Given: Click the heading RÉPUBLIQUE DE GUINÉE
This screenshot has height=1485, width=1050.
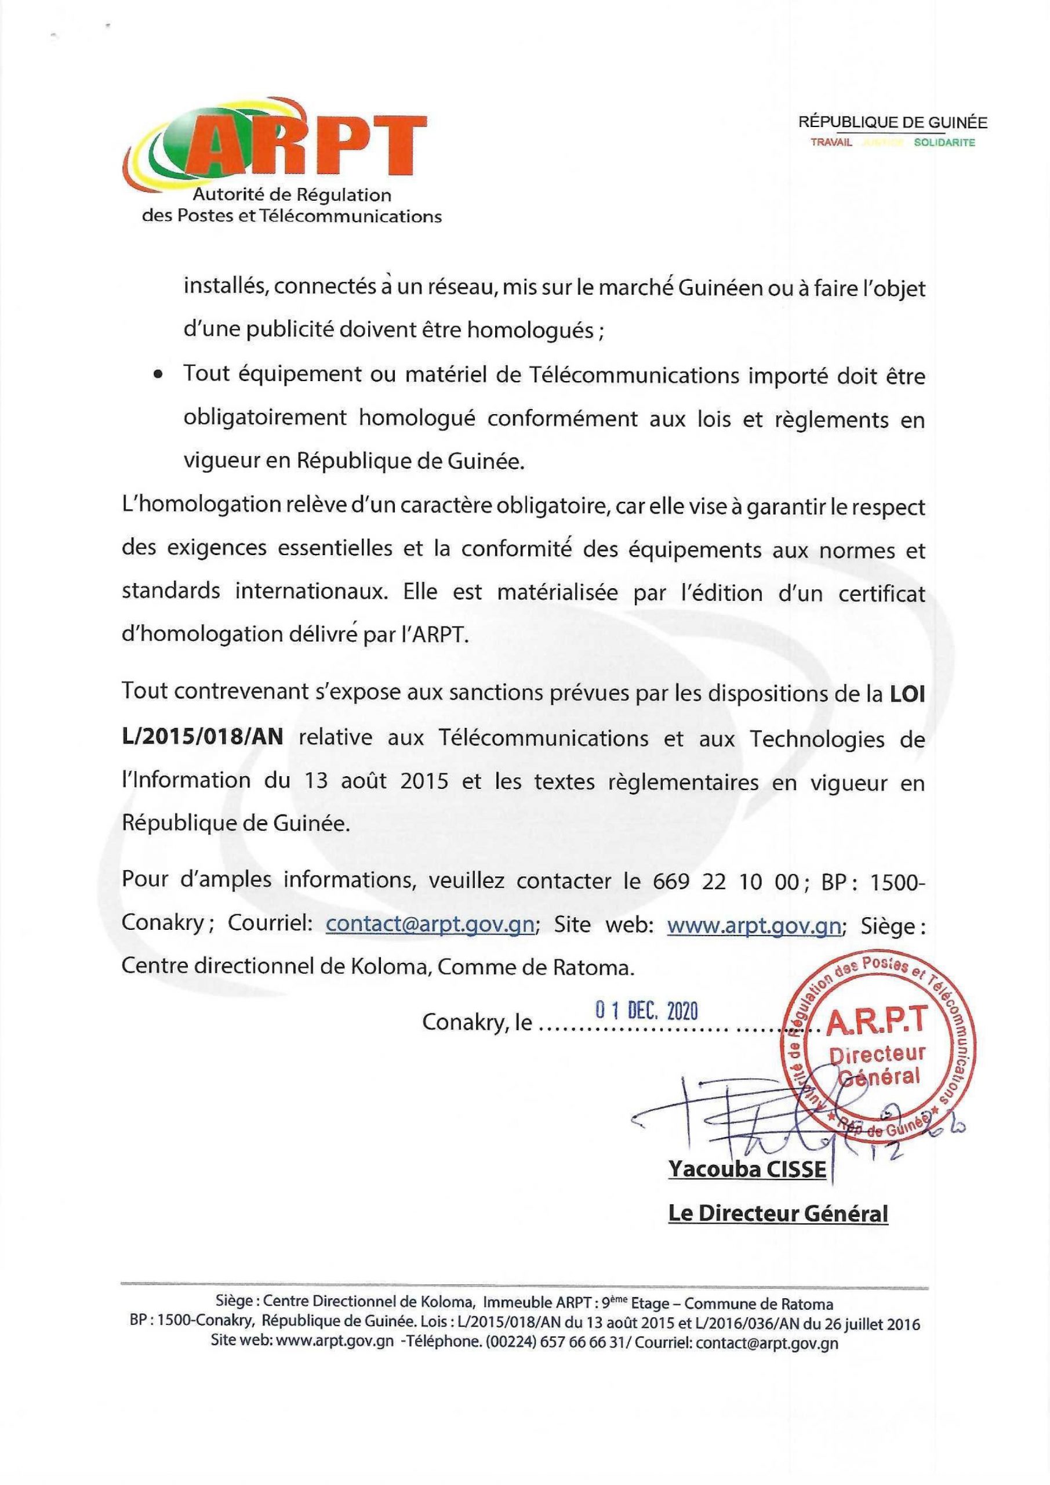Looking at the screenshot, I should [x=893, y=122].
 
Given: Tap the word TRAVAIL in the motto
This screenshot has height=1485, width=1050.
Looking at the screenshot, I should [x=831, y=143].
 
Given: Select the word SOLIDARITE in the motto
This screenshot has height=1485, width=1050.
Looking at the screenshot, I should [x=944, y=143].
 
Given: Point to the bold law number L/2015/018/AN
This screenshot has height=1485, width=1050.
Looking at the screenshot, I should [x=202, y=738].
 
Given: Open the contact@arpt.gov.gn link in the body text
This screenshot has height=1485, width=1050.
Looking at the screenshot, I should [x=430, y=925].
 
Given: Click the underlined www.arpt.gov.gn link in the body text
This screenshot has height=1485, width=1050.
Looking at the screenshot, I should [x=753, y=925].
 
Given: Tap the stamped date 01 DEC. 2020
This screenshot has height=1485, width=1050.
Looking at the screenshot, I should [x=646, y=1011].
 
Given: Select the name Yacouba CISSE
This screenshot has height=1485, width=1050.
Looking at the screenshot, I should [x=747, y=1169].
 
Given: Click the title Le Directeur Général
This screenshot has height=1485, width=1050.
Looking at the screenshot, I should [x=778, y=1214].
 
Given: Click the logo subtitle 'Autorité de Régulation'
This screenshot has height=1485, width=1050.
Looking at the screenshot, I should [x=297, y=195].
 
